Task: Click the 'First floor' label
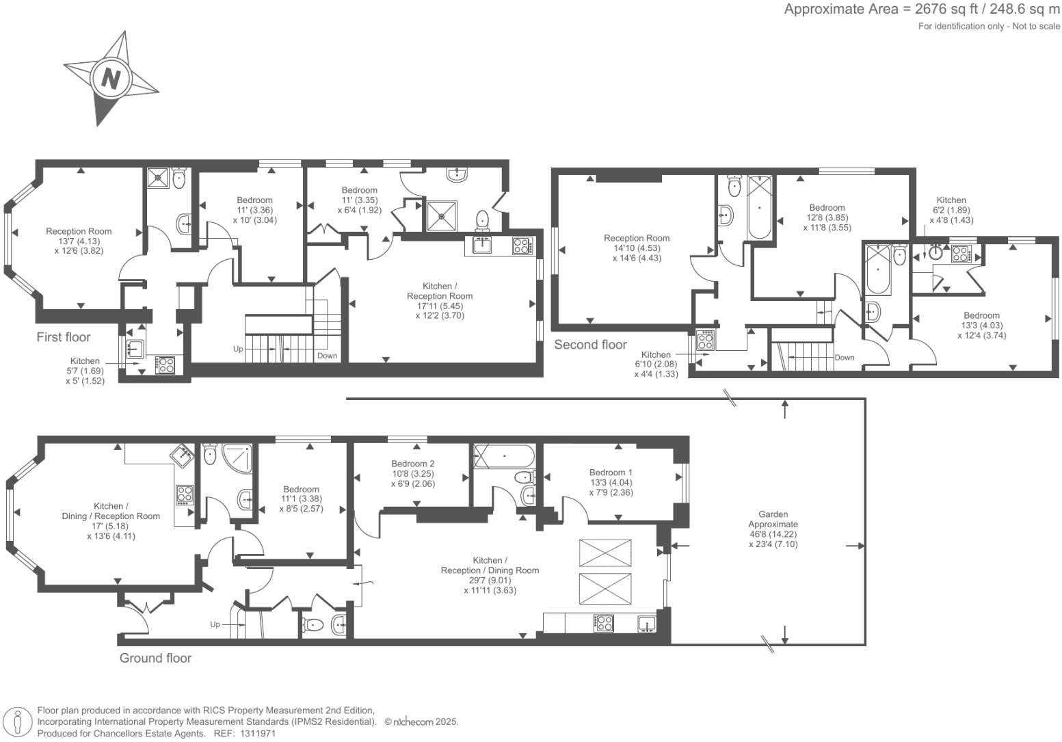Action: coord(64,337)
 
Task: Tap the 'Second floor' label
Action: coord(590,345)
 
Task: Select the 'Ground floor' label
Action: coord(155,658)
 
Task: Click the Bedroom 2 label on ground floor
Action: coord(413,464)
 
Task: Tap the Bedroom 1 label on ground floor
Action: coord(611,473)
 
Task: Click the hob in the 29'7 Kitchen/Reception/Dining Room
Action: coord(604,623)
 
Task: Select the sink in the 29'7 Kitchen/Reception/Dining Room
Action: coord(646,623)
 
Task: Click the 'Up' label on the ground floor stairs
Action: coord(215,624)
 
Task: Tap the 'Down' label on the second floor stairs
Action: coord(845,358)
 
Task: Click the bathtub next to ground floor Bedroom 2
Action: coord(505,455)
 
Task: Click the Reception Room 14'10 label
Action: coord(637,239)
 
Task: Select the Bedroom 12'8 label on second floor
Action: coord(827,208)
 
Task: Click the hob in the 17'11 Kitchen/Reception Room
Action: coord(522,246)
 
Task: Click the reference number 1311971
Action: coord(254,733)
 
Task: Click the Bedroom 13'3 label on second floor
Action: coord(981,316)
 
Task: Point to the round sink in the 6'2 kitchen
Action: coord(937,254)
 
